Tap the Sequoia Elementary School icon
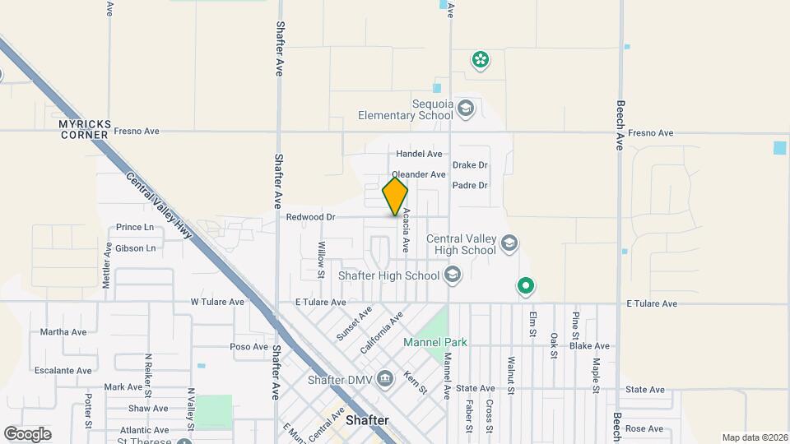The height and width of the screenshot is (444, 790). tap(467, 109)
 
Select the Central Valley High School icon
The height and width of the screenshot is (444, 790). tap(509, 243)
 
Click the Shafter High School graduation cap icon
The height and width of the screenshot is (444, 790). tap(452, 275)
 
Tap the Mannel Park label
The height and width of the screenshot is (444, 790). tap(434, 342)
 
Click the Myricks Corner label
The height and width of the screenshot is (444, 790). tap(83, 128)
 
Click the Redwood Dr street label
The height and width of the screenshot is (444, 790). tap(310, 217)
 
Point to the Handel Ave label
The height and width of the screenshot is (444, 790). tap(419, 154)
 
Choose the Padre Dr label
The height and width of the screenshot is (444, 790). tap(470, 186)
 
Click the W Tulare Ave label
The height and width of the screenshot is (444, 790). tap(217, 302)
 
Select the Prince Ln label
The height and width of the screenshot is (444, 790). tap(135, 227)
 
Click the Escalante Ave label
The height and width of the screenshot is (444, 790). tap(63, 371)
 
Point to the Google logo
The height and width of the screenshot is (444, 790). tap(27, 433)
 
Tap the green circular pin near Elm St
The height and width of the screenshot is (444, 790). tap(526, 286)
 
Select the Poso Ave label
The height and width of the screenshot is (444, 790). tap(250, 347)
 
